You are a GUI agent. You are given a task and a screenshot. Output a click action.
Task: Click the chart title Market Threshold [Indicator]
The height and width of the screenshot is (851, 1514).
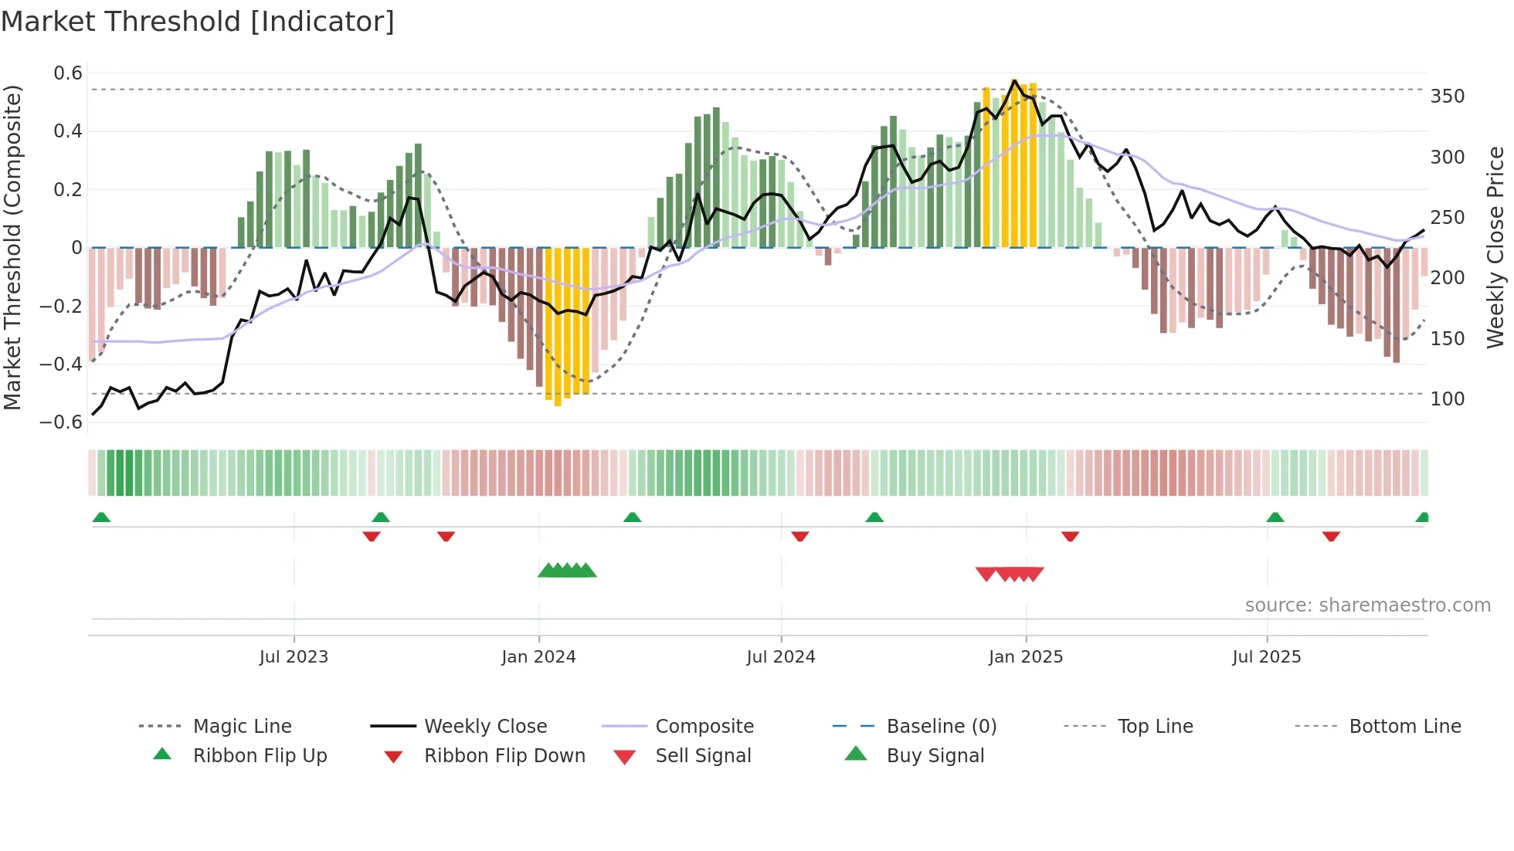pyautogui.click(x=198, y=22)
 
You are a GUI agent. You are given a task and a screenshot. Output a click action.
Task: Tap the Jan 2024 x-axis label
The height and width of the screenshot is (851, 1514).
pyautogui.click(x=538, y=657)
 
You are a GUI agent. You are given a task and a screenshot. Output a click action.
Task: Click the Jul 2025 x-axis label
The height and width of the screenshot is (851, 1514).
pyautogui.click(x=1266, y=657)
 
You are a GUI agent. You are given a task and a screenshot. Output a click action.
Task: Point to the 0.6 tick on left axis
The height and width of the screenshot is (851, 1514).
pyautogui.click(x=67, y=73)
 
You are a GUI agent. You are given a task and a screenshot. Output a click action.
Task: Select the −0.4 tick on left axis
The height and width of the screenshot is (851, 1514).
pyautogui.click(x=61, y=364)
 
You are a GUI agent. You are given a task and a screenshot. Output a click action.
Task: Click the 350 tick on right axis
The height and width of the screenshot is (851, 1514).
pyautogui.click(x=1447, y=97)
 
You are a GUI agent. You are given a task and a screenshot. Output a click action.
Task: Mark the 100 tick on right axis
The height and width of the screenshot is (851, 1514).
pyautogui.click(x=1447, y=399)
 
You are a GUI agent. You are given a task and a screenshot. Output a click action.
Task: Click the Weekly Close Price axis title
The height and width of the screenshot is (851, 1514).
pyautogui.click(x=1495, y=247)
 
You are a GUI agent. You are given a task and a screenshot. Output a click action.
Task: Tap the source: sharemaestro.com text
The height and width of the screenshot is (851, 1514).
pyautogui.click(x=1367, y=605)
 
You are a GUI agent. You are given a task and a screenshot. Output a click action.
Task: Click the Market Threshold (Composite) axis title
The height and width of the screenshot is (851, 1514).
pyautogui.click(x=12, y=247)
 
